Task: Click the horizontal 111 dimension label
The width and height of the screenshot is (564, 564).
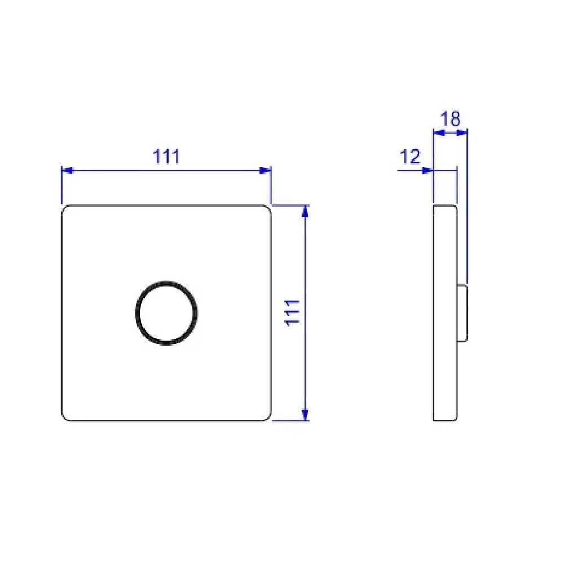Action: [166, 156]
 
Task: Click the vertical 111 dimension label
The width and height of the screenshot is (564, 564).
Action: [292, 313]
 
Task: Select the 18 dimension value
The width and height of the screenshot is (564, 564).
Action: [450, 118]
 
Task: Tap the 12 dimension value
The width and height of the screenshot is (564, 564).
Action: [409, 156]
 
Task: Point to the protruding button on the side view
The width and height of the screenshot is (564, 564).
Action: [462, 313]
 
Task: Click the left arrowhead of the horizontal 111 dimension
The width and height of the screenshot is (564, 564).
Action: [67, 170]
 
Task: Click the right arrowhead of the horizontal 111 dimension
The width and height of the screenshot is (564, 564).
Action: [265, 170]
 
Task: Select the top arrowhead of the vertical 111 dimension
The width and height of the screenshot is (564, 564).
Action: [305, 211]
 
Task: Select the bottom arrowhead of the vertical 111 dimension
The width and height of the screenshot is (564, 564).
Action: [305, 415]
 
